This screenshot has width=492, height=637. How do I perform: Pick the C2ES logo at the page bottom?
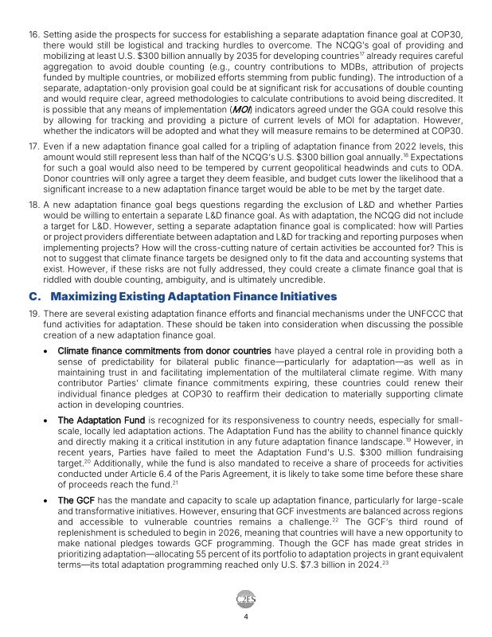pos(245,599)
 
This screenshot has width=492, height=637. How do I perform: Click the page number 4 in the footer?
pos(246,616)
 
